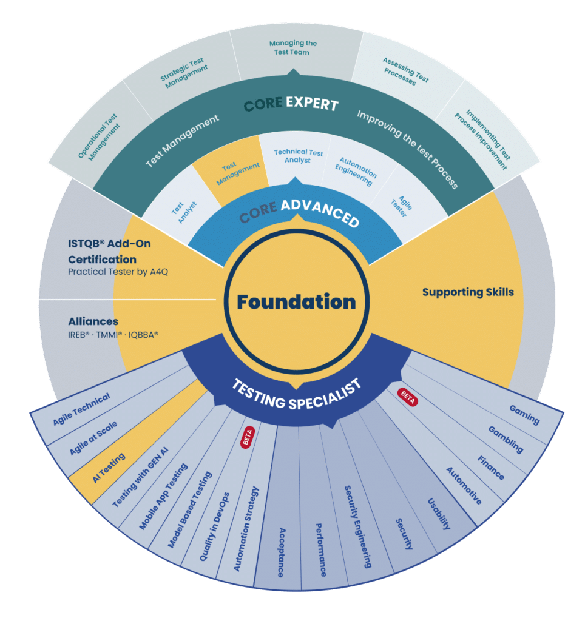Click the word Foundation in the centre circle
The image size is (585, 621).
point(297,302)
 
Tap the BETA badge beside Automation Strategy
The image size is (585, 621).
point(248,437)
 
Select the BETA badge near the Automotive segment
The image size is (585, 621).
point(407,397)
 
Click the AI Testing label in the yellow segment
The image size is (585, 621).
point(109,468)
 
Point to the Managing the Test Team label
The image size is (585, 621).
point(292,47)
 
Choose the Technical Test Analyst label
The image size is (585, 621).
point(298,156)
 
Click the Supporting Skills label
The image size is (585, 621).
point(468,292)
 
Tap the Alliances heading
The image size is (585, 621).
point(93,321)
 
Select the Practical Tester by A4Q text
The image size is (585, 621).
point(118,272)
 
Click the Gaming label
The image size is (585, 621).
point(524,415)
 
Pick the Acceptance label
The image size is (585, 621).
point(281,552)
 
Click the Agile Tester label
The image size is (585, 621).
point(402,206)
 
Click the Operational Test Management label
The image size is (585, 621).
point(99,137)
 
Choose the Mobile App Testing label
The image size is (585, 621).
point(163,497)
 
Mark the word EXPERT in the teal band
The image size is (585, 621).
point(313,103)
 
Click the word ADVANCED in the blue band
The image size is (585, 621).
point(320,213)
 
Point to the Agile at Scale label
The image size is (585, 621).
point(93,438)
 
